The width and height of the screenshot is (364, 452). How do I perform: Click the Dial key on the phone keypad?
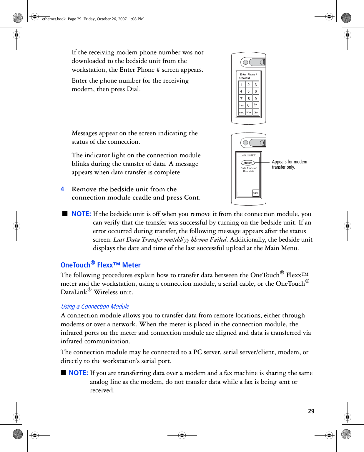[256, 112]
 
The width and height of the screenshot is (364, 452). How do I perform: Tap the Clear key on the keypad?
[241, 105]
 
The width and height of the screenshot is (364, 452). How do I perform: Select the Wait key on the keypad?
[249, 112]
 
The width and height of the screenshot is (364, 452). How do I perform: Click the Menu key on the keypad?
[241, 112]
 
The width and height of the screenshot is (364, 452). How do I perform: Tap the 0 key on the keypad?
[248, 105]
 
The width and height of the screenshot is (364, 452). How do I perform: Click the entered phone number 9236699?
[244, 78]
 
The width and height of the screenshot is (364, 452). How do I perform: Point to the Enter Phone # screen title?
[248, 74]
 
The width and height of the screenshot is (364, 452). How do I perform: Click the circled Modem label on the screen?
[248, 163]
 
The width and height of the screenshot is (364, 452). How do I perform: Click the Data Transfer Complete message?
[249, 170]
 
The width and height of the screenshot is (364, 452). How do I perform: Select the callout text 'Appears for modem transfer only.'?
[289, 164]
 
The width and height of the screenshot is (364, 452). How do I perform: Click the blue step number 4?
[62, 189]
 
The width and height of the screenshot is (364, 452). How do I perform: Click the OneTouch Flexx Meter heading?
[101, 265]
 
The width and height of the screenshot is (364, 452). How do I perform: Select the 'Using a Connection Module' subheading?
[95, 306]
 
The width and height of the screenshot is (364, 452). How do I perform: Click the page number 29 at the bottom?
[311, 411]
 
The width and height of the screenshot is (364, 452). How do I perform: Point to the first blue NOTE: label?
[81, 214]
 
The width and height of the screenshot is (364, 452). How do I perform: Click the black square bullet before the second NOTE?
[63, 372]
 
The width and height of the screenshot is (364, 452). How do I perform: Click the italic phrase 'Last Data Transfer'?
[138, 240]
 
